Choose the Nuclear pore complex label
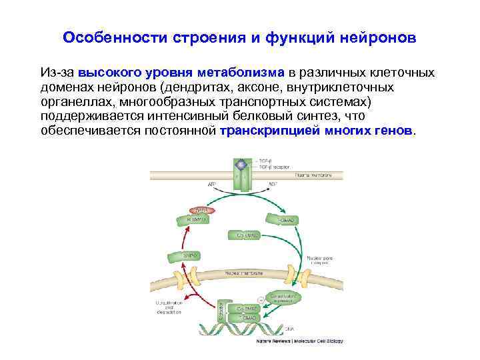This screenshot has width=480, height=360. click(x=321, y=259)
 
